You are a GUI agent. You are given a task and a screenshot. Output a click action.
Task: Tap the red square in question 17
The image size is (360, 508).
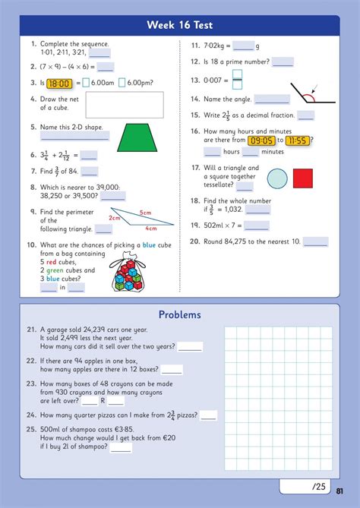pyautogui.click(x=303, y=178)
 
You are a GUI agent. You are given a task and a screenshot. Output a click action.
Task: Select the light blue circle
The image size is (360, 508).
pyautogui.click(x=278, y=178)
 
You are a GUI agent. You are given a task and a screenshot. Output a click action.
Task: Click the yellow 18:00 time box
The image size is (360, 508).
pyautogui.click(x=58, y=84)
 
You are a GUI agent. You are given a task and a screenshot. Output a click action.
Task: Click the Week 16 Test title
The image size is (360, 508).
pyautogui.click(x=180, y=26)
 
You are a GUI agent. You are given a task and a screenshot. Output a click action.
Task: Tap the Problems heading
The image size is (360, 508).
pyautogui.click(x=180, y=314)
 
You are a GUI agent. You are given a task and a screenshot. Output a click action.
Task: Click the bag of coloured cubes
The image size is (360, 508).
pyautogui.click(x=129, y=274)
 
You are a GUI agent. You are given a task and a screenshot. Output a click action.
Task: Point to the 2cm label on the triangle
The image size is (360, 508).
pyautogui.click(x=115, y=218)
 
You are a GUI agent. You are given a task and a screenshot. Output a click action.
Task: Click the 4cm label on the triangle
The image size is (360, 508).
pyautogui.click(x=150, y=229)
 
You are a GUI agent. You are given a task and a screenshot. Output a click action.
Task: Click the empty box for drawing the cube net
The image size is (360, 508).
pyautogui.click(x=125, y=106)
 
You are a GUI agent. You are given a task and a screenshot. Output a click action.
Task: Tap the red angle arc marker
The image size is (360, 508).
pyautogui.click(x=308, y=97)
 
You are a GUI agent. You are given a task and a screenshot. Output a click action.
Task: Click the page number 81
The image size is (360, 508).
pyautogui.click(x=339, y=491)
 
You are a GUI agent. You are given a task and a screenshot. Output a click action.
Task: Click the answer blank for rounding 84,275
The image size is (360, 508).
pyautogui.click(x=315, y=242)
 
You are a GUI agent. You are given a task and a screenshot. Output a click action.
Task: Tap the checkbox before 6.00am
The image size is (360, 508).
pyautogui.click(x=86, y=84)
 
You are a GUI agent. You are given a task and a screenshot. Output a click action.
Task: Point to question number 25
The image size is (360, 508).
pyautogui.click(x=31, y=430)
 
